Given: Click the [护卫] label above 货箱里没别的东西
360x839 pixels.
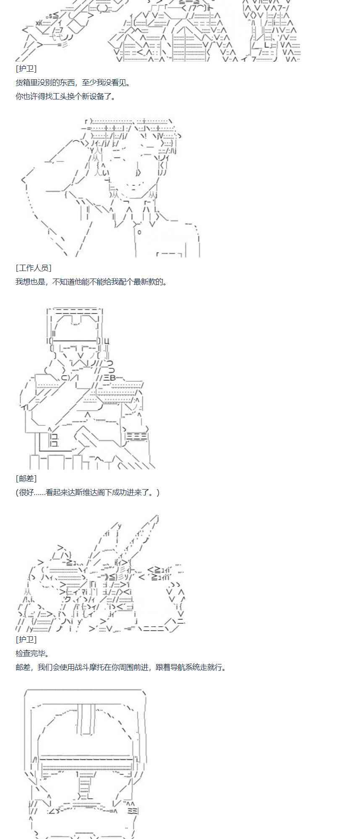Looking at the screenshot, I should click(x=26, y=69).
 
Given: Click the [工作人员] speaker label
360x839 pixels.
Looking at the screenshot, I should click(x=34, y=268).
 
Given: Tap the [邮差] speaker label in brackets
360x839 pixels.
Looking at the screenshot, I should click(x=26, y=479).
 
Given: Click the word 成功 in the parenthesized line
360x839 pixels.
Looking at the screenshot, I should click(x=128, y=492).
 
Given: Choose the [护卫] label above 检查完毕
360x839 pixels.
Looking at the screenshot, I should click(x=26, y=639).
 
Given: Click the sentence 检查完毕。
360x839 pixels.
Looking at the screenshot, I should click(x=32, y=653).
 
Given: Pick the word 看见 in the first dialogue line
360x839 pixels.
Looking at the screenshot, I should click(x=120, y=83).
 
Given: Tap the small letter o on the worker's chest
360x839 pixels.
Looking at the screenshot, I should click(x=139, y=232).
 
